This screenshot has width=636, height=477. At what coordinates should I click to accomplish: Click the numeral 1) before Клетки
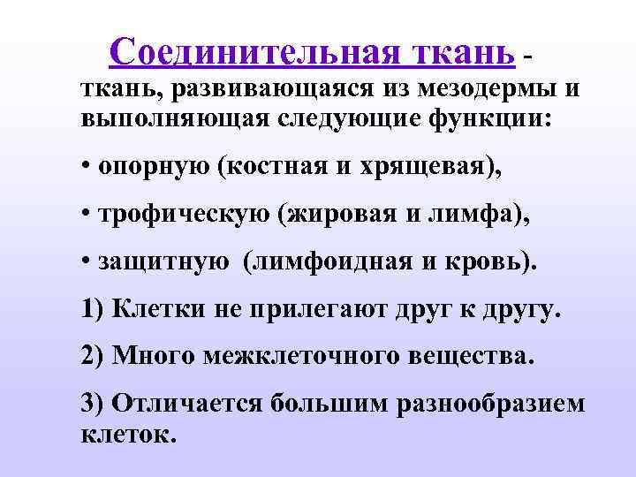pyautogui.click(x=93, y=310)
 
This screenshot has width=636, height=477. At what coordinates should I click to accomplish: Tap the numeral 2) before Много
pyautogui.click(x=93, y=358)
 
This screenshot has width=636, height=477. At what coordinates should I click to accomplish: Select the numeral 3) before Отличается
pyautogui.click(x=93, y=405)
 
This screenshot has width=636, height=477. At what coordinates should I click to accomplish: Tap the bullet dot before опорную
pyautogui.click(x=85, y=167)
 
